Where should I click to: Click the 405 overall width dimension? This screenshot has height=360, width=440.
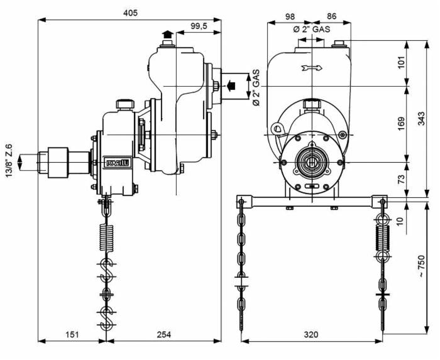pyautogui.click(x=130, y=13)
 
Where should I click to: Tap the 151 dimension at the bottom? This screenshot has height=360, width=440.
pyautogui.click(x=72, y=334)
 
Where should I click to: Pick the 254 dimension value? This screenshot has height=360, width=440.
pyautogui.click(x=163, y=334)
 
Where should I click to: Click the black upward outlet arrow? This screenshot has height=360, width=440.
pyautogui.click(x=167, y=35)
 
